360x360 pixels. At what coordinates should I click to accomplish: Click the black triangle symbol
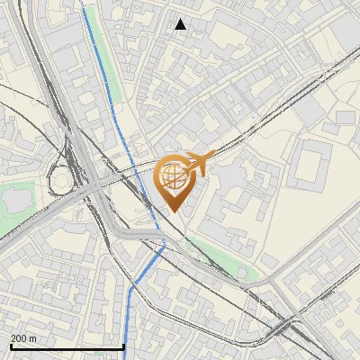click(x=181, y=24)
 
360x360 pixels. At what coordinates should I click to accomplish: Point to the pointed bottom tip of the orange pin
click(x=175, y=212)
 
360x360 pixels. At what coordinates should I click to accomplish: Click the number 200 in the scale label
click(x=18, y=338)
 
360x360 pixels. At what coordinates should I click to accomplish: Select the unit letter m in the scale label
click(x=33, y=338)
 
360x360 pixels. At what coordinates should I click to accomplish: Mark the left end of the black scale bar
click(x=11, y=346)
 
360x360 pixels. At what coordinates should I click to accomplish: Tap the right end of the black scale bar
click(x=123, y=346)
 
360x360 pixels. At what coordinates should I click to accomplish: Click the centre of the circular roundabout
click(x=60, y=182)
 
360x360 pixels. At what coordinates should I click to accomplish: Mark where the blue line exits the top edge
click(x=85, y=2)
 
